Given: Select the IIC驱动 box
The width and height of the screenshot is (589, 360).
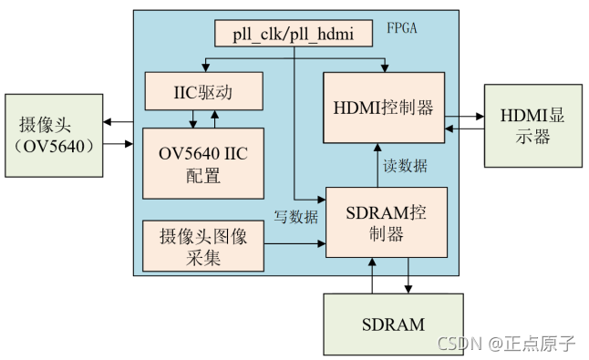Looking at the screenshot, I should pyautogui.click(x=204, y=92).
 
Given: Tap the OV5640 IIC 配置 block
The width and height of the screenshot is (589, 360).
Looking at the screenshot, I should pyautogui.click(x=201, y=162).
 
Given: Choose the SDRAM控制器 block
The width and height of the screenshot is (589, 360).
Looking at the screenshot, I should pyautogui.click(x=387, y=222).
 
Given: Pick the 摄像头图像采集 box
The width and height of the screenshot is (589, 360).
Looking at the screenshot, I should pyautogui.click(x=201, y=246).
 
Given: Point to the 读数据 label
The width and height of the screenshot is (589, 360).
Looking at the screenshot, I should pyautogui.click(x=404, y=167).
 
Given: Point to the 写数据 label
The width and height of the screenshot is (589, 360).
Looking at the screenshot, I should pyautogui.click(x=296, y=216).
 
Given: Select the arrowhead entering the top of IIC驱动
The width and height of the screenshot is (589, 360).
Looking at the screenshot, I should pyautogui.click(x=204, y=70).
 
